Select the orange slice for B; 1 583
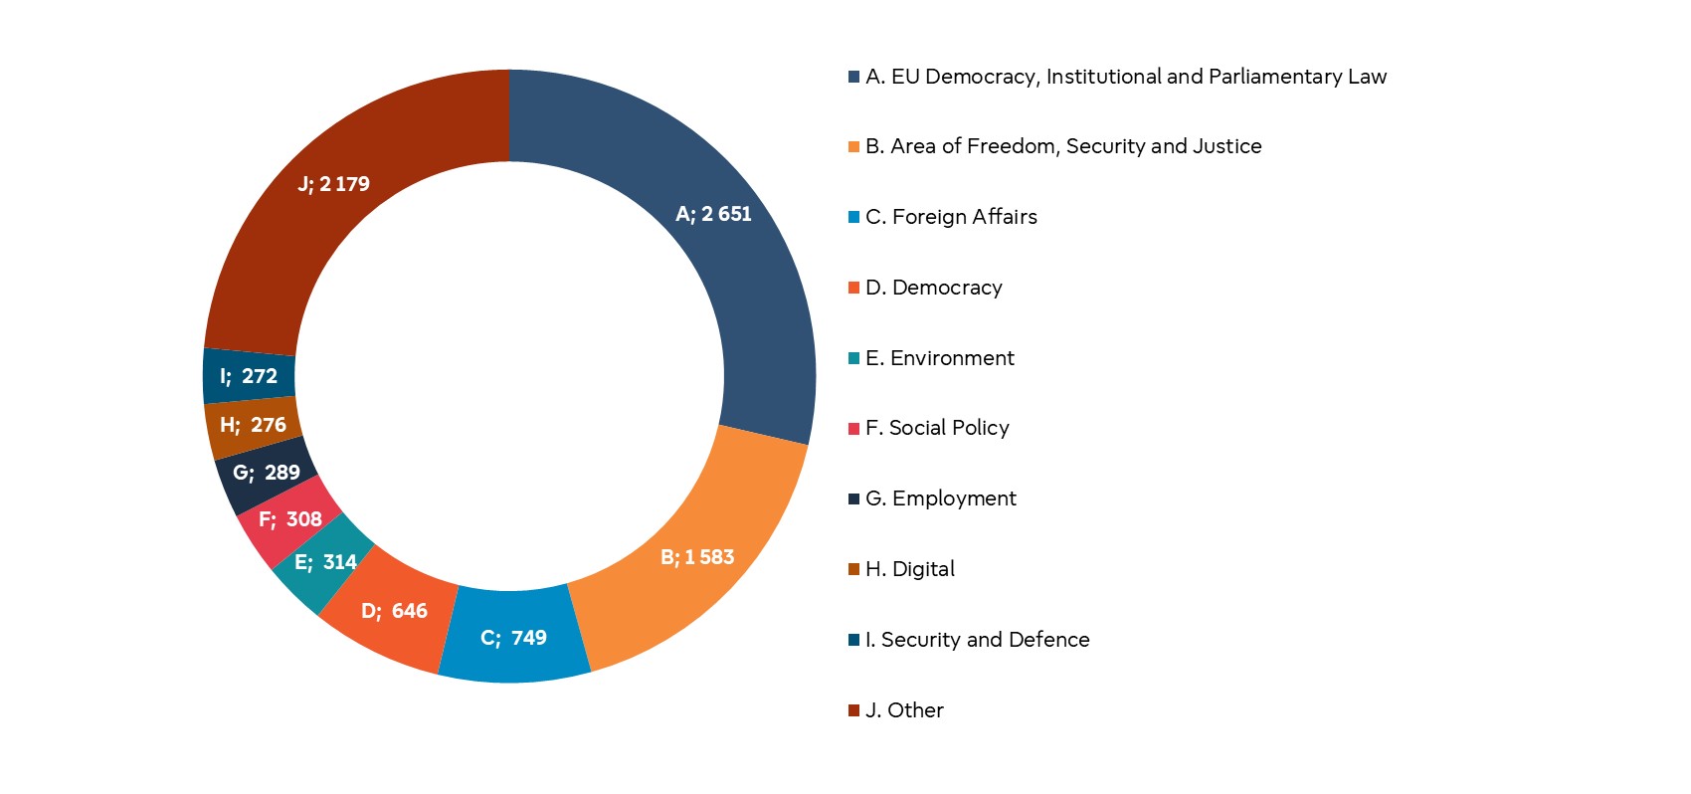pos(696,557)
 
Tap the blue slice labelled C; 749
pos(514,637)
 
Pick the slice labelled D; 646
pos(393,611)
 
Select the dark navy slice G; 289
pos(266,473)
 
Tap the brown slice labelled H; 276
pos(253,426)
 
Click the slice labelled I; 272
pos(249,376)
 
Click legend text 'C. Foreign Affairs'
pos(951,217)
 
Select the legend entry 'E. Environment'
pos(940,358)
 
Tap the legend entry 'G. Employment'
pos(941,498)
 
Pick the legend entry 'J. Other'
pos(904,710)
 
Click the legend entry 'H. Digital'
pos(910,569)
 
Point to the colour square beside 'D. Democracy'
pos(853,288)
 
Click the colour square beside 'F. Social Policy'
pos(853,429)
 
